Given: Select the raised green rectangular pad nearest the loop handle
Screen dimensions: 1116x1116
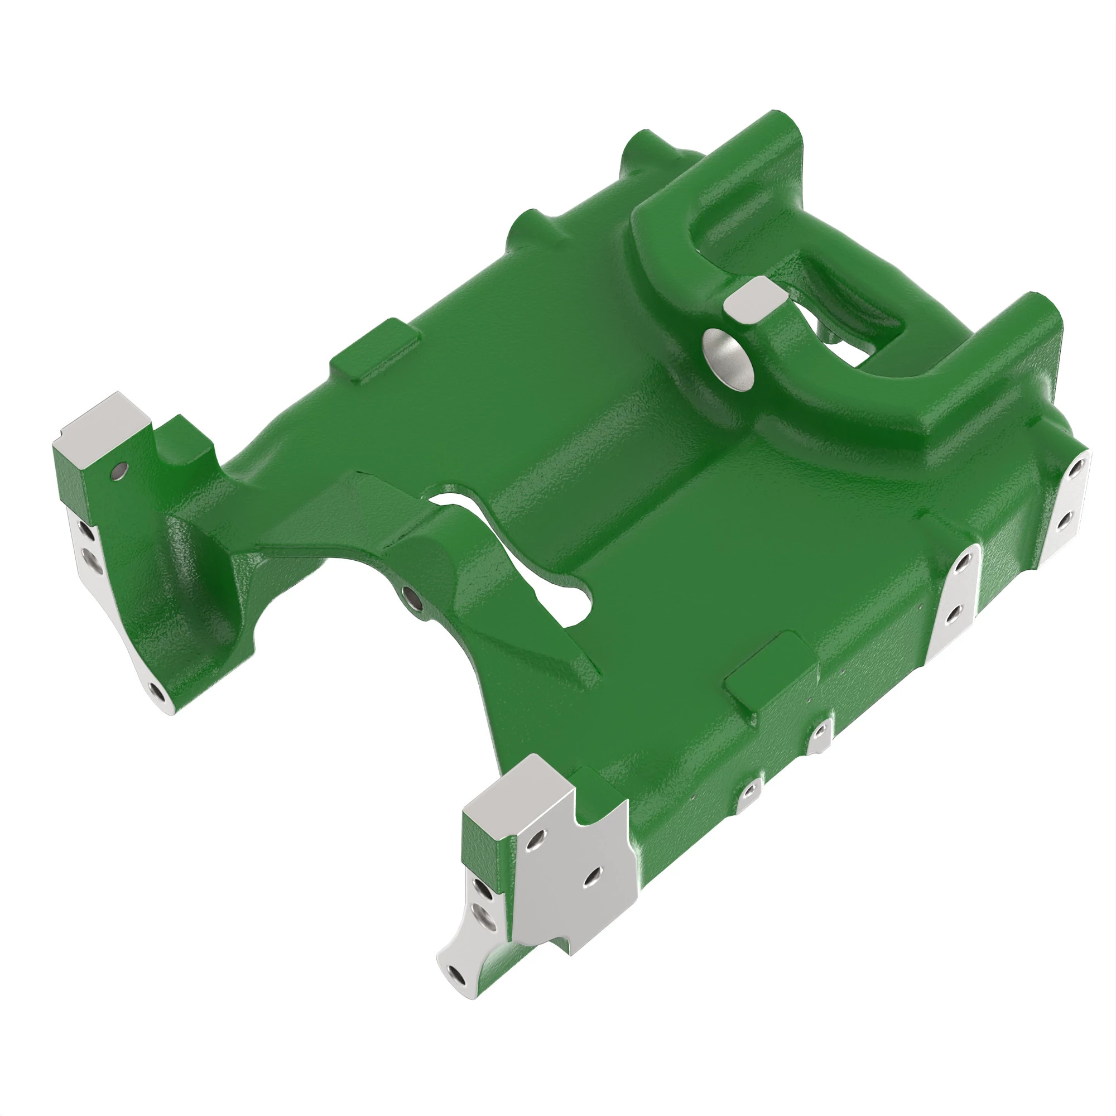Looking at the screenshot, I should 374,349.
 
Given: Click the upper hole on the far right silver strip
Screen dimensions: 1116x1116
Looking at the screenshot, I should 1076,469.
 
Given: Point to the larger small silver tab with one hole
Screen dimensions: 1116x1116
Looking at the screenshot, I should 819,733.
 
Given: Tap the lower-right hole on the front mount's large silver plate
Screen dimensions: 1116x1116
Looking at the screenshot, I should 591,877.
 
